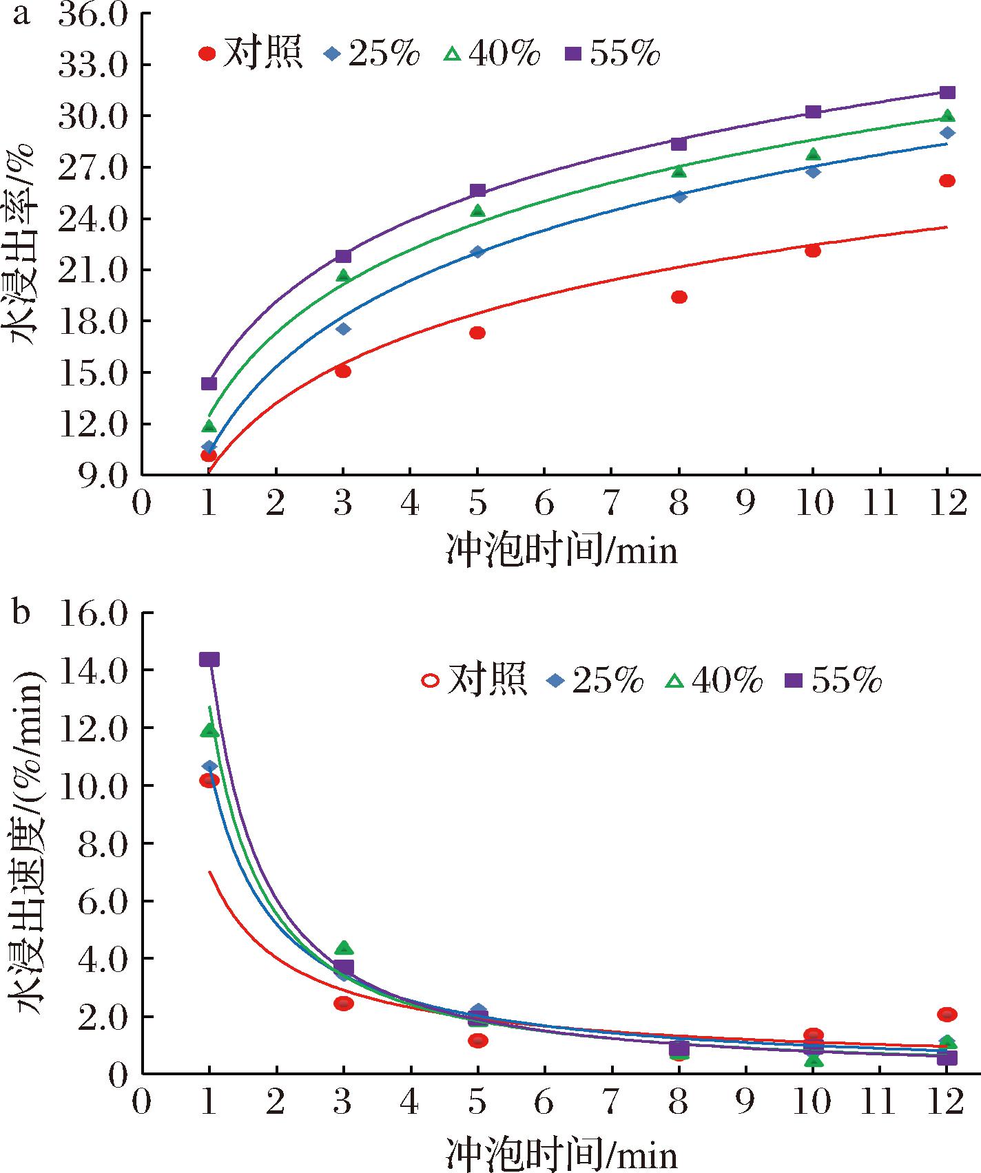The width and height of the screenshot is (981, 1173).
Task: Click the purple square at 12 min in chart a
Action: pyautogui.click(x=947, y=92)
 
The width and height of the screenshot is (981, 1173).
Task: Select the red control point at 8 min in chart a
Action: pyautogui.click(x=679, y=297)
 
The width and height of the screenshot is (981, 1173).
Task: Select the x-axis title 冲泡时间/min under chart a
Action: pyautogui.click(x=562, y=551)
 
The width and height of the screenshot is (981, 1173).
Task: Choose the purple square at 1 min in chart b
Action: pyautogui.click(x=209, y=659)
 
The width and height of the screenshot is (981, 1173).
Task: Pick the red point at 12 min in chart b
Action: pyautogui.click(x=947, y=1014)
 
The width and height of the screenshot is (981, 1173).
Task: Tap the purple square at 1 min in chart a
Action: pyautogui.click(x=209, y=383)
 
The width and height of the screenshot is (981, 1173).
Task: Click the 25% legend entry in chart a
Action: pyautogui.click(x=371, y=53)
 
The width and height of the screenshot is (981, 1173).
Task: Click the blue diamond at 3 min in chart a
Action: pyautogui.click(x=343, y=329)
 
